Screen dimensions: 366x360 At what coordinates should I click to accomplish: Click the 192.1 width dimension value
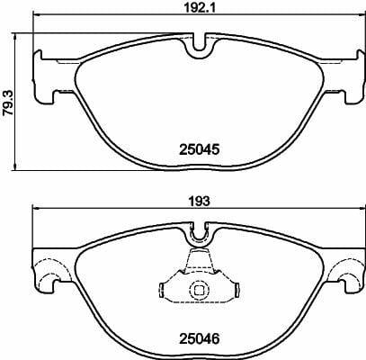tap(200, 8)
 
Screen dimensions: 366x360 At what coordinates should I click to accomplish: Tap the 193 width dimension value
tap(200, 201)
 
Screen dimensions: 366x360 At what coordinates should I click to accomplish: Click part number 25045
tap(200, 149)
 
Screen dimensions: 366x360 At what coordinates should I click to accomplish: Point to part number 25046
tap(200, 339)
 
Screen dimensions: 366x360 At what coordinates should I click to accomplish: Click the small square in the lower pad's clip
tap(199, 290)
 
